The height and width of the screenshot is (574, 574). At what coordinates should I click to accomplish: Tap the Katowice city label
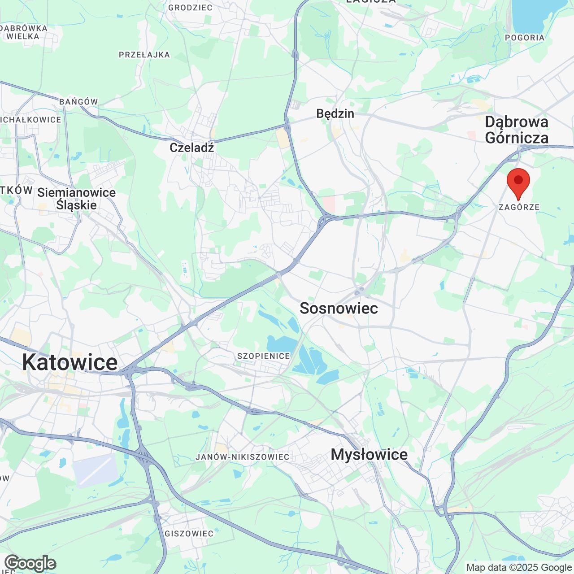70,362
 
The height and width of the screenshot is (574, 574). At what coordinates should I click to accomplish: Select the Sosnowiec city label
339,309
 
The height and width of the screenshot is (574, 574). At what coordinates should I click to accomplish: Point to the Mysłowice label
369,455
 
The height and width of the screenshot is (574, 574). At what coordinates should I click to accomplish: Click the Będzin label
335,113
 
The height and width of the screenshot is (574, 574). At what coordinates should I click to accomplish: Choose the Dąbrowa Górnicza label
517,130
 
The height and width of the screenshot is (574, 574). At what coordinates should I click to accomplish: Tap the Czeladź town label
191,148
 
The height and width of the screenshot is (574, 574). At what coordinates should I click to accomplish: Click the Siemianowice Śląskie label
76,199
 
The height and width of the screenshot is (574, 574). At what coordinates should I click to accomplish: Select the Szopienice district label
264,356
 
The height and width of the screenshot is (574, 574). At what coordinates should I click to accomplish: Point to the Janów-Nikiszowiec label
243,457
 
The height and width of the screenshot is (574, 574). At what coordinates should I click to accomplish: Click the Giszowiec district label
189,534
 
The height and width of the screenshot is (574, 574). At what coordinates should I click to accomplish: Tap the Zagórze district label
519,207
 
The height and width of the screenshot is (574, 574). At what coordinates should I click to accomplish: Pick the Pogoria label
524,38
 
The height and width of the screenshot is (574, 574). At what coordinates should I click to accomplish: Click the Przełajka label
144,55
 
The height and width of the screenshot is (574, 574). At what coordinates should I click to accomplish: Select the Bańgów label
78,102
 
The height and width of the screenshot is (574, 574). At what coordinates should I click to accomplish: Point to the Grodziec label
190,7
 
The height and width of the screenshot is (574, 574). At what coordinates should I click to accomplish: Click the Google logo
30,563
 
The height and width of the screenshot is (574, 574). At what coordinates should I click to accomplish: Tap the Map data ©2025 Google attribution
519,567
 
